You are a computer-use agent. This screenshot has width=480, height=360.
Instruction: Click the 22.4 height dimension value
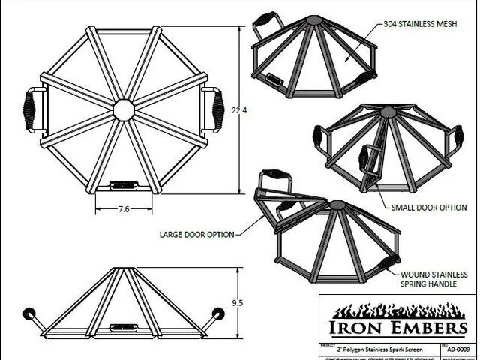pyautogui.click(x=239, y=111)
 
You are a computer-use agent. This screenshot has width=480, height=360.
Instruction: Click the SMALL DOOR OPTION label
pyautogui.click(x=428, y=206)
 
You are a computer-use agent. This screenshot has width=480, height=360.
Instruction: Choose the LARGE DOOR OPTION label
pyautogui.click(x=196, y=234)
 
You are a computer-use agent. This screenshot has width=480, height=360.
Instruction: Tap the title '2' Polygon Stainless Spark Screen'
pyautogui.click(x=376, y=349)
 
